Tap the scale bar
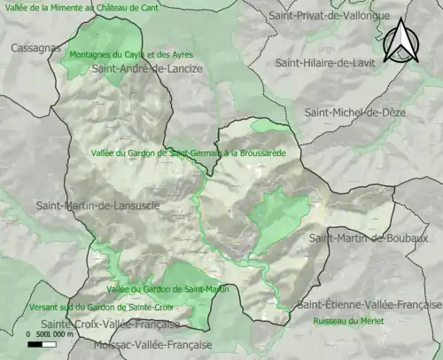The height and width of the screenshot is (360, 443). pos(42,343)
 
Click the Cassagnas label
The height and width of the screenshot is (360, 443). pos(35,48)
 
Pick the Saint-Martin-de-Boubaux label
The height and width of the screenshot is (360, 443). pos(369,238)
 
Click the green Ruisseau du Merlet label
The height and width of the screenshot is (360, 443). pos(348,320)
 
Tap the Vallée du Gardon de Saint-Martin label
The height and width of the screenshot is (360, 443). pos(167,289)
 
